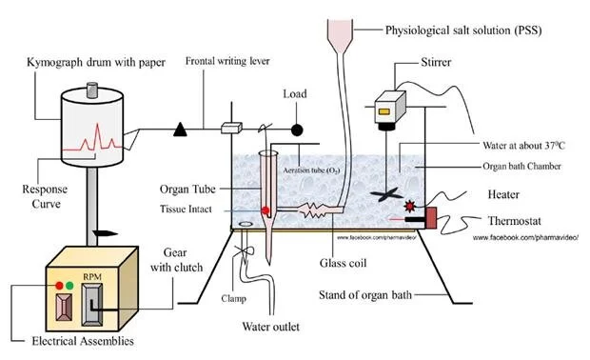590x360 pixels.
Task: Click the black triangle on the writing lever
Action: tap(180, 130)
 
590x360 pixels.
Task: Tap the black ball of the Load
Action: tap(297, 130)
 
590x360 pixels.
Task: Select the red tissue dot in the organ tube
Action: tap(265, 210)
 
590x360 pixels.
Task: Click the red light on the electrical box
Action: tap(59, 286)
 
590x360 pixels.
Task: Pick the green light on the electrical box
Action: tap(69, 286)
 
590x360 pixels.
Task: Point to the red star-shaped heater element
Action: tap(409, 206)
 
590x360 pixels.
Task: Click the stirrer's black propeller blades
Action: tap(386, 195)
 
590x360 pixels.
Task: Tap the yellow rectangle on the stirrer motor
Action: tap(384, 111)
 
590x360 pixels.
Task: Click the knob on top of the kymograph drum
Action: tap(92, 90)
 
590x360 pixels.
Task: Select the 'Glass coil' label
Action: tap(343, 263)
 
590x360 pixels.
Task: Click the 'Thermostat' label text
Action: tap(515, 221)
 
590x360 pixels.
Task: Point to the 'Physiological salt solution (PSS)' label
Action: tap(463, 30)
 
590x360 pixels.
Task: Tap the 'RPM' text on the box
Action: tap(92, 277)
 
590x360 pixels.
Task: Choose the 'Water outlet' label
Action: tap(271, 327)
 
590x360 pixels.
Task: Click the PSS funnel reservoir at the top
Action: tap(340, 36)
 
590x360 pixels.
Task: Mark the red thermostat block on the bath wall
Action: tap(431, 218)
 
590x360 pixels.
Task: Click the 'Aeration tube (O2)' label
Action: tap(311, 170)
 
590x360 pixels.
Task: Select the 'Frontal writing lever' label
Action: tap(227, 61)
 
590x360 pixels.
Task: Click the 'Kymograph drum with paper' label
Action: tap(96, 62)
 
